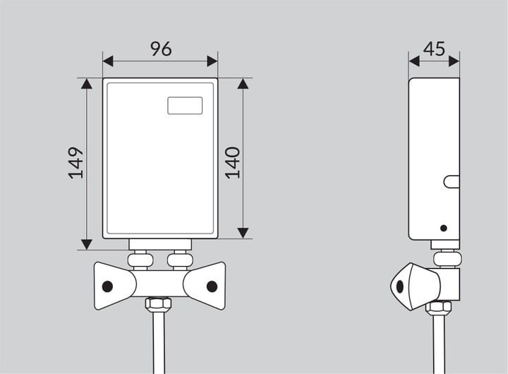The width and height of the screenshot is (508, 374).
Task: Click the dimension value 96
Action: click(x=161, y=49)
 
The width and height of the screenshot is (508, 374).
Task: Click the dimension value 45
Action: click(x=434, y=49)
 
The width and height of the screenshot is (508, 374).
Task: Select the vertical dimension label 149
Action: click(x=75, y=163)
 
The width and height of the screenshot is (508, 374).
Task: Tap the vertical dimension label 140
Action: click(x=233, y=163)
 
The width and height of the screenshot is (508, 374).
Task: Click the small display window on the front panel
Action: click(x=185, y=106)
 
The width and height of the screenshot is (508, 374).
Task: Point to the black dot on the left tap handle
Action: click(x=107, y=286)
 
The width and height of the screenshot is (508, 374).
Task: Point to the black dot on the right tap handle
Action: click(x=212, y=286)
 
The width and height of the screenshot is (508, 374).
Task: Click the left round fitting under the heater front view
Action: click(x=140, y=260)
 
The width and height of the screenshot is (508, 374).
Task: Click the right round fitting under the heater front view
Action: click(x=180, y=260)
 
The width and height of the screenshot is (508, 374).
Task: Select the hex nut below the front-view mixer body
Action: click(x=158, y=304)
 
